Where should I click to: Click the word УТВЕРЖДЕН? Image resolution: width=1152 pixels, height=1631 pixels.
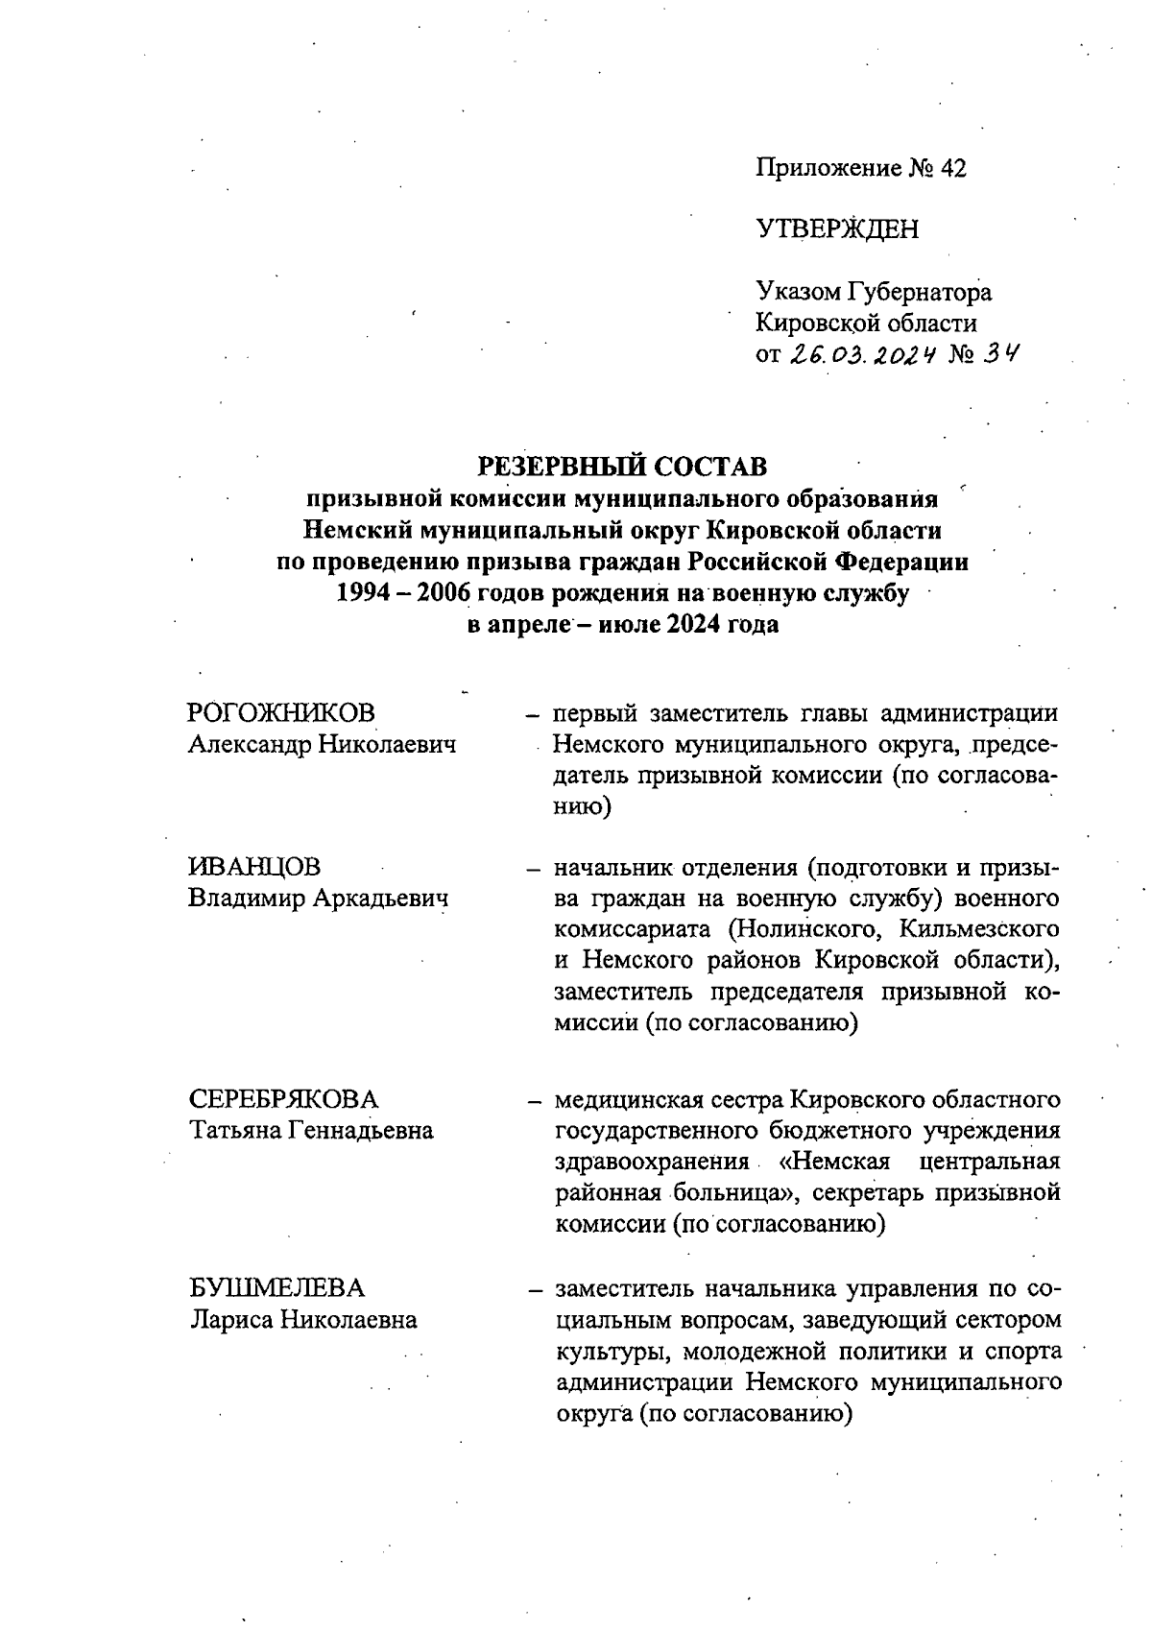click(837, 229)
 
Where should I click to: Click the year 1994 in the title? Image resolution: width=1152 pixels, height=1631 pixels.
click(360, 593)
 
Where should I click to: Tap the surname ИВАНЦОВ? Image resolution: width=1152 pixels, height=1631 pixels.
click(255, 867)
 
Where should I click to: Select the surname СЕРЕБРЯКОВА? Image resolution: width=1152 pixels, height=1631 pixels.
click(284, 1099)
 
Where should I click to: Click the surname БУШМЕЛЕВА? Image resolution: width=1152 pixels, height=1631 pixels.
click(276, 1288)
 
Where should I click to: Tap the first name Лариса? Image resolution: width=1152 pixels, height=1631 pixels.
click(230, 1320)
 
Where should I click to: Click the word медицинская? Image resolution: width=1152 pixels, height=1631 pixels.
click(634, 1099)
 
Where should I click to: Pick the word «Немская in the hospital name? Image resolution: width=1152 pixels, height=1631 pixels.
click(838, 1162)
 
